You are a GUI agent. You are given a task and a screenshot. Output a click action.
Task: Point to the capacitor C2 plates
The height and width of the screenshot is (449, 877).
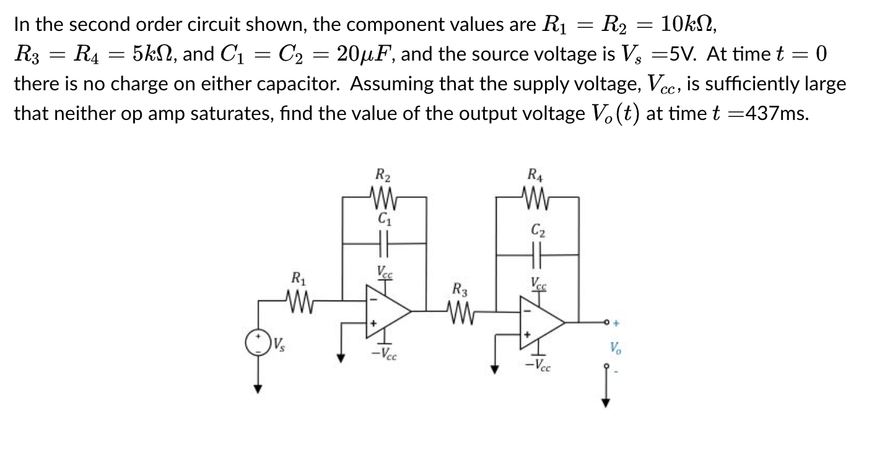tap(536, 254)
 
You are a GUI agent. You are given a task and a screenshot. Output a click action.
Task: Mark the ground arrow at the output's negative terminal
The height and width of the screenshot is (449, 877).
tap(606, 401)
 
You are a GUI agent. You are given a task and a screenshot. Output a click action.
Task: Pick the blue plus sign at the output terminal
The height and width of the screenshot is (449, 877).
tap(617, 322)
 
